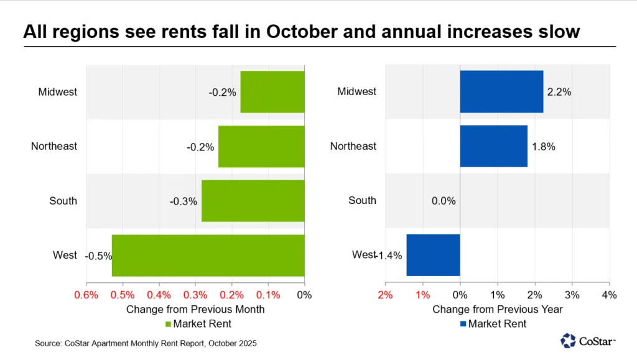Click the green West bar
[x=208, y=255]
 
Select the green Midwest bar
[x=272, y=92]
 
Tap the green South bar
[x=253, y=201]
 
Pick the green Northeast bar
[x=261, y=146]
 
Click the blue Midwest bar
[x=501, y=92]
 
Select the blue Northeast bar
[x=493, y=146]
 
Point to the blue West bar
[x=433, y=255]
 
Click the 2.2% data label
[x=559, y=92]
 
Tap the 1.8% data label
[x=543, y=147]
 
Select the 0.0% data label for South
[x=444, y=201]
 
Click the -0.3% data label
[x=184, y=201]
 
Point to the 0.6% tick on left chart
[x=86, y=294]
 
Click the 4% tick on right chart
[x=608, y=294]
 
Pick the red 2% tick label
[x=386, y=294]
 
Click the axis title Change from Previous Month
[x=195, y=309]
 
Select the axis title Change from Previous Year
[x=498, y=309]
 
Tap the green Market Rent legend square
[x=167, y=323]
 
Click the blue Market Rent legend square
[x=463, y=323]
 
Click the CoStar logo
[x=588, y=341]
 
